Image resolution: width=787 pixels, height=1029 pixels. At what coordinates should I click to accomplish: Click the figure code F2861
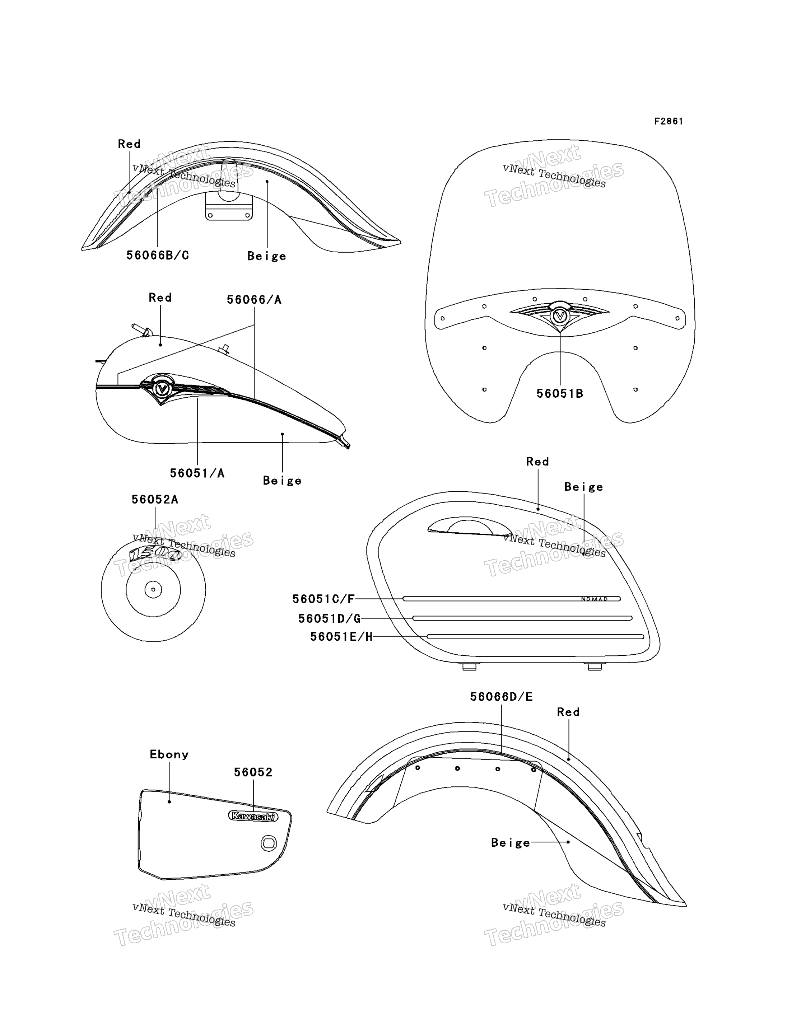coord(669,121)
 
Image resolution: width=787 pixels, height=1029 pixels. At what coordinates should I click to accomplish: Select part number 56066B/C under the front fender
coord(158,255)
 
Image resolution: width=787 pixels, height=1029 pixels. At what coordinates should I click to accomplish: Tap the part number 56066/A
coord(254,300)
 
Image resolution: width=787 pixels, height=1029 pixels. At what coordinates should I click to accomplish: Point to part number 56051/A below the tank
coord(197,473)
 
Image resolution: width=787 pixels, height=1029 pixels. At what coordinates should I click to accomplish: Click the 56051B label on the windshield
coord(560,394)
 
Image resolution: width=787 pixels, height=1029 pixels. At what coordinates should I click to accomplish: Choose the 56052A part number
coord(155,500)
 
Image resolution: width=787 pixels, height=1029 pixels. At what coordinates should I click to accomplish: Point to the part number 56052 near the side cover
coord(253,772)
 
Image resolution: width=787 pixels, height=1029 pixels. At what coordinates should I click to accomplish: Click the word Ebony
coord(169,754)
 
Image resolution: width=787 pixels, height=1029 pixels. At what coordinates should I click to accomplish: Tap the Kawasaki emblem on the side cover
coord(253,817)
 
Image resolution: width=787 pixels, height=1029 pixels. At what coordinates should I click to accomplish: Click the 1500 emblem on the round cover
coord(155,554)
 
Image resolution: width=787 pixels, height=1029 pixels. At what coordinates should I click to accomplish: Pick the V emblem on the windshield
coord(560,316)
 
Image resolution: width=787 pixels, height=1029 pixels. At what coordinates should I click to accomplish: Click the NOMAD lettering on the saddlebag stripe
coord(595,599)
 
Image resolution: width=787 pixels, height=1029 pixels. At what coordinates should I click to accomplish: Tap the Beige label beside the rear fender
coord(511,843)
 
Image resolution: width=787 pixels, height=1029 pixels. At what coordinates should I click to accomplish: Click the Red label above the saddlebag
coord(537,462)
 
